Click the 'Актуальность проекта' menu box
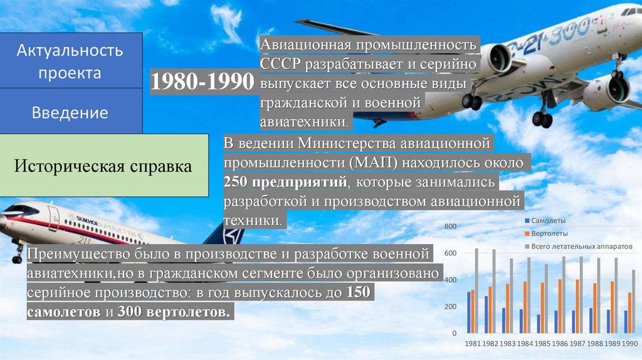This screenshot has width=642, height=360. pos(71,61)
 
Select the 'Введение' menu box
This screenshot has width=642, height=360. pos(71,113)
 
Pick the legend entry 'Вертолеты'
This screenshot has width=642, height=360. pos(549,233)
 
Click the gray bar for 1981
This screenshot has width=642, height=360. pos(476,292)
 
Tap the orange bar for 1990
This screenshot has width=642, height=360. pos(629,312)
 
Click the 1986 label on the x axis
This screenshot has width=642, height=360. pos(560,344)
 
